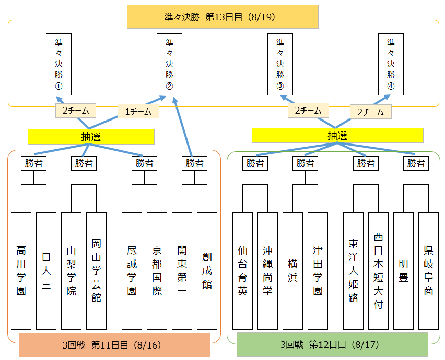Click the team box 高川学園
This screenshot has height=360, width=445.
21,270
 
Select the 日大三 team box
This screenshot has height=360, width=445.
46,270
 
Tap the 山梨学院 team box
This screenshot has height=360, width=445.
71,270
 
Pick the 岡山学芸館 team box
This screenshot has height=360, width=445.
96,270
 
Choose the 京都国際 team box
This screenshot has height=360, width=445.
157,270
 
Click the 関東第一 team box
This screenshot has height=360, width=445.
182,270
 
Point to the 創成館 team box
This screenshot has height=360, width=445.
207,270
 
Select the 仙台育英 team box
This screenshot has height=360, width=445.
242,270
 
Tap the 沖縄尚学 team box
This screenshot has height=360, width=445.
267,270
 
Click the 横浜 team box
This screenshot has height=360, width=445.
292,270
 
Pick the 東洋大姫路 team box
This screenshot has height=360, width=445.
353,270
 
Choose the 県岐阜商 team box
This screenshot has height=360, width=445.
428,270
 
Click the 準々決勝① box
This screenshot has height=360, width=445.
58,64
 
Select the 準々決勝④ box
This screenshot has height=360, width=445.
391,64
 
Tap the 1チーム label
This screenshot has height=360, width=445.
138,111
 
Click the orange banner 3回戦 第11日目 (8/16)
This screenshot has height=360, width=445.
114,345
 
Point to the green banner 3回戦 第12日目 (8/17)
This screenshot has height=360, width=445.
332,345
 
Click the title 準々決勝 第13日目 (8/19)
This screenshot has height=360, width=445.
223,17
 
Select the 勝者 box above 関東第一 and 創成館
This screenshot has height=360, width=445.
194,163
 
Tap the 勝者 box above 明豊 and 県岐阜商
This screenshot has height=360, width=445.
416,163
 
